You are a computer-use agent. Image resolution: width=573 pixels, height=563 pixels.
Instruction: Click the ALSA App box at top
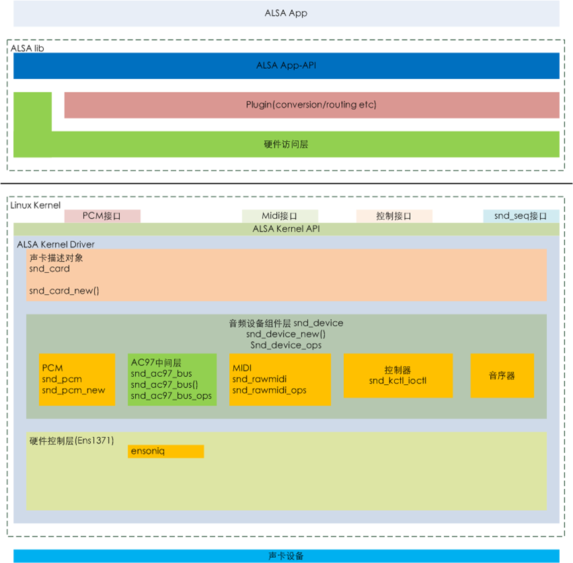[x=286, y=13]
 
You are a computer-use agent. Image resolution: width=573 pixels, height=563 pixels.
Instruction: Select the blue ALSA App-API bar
[x=286, y=66]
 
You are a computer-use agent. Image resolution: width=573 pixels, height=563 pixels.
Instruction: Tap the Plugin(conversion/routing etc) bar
[x=311, y=105]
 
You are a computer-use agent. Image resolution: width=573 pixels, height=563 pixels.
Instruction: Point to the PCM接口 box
[x=102, y=216]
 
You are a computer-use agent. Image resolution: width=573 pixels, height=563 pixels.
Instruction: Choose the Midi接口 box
[x=280, y=216]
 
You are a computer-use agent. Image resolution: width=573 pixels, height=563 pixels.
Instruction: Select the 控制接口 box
[x=394, y=216]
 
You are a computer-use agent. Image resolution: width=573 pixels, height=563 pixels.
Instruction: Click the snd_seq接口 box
[x=521, y=216]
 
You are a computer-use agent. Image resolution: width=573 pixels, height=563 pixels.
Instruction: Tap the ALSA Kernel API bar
[x=286, y=229]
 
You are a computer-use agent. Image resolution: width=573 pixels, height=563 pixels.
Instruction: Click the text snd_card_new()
[x=64, y=291]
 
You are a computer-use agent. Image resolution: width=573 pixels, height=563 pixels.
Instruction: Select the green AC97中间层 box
[x=172, y=379]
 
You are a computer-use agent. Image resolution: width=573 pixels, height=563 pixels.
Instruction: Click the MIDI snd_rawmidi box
[x=279, y=379]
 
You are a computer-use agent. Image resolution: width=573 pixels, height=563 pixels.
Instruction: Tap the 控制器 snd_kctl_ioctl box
[x=398, y=376]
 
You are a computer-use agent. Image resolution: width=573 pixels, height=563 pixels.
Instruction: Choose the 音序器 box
[x=501, y=376]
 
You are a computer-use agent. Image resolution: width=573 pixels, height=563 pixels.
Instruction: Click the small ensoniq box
[x=166, y=451]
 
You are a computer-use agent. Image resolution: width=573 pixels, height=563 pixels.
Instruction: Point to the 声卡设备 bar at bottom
[x=286, y=556]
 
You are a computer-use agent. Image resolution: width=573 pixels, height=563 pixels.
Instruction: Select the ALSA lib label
[x=27, y=48]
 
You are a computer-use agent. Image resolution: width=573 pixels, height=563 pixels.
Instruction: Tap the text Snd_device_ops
[x=286, y=344]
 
